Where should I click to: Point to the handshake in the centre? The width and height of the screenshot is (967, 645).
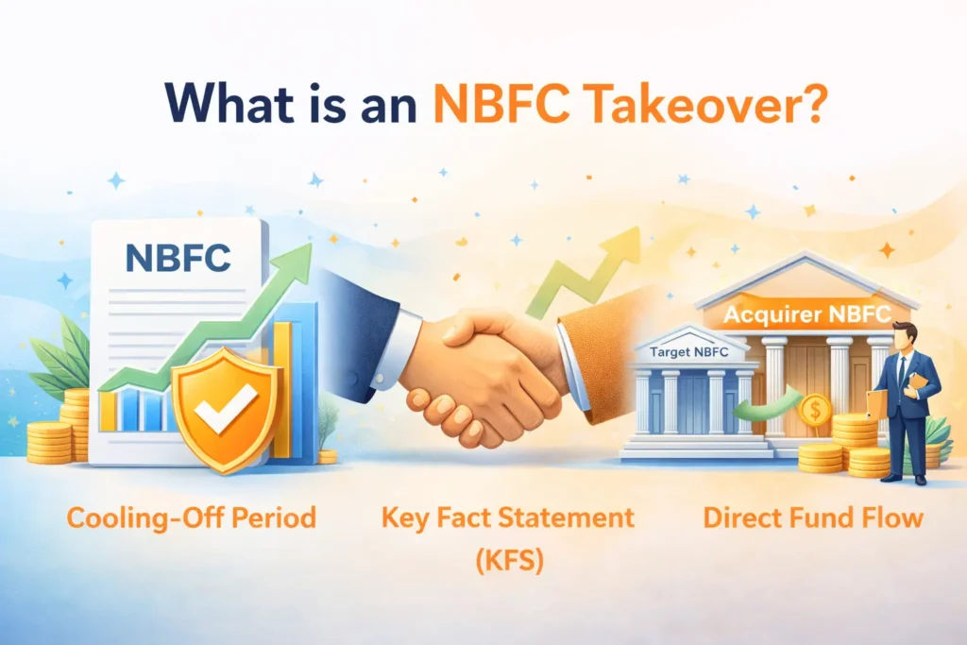pyautogui.click(x=482, y=368)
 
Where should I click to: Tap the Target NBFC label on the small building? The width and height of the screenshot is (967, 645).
pyautogui.click(x=688, y=353)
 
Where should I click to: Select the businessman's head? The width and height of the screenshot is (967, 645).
pyautogui.click(x=904, y=335)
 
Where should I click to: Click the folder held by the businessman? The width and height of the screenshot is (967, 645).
pyautogui.click(x=877, y=400)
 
